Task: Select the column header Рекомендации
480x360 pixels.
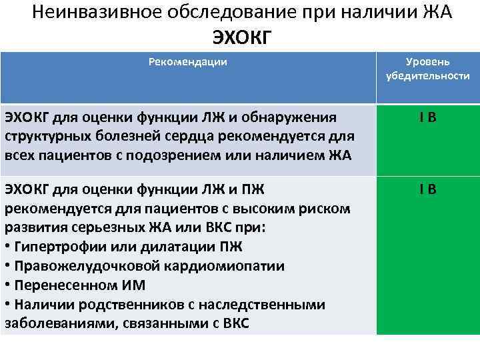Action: coord(187,62)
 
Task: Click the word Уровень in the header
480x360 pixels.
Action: coord(428,62)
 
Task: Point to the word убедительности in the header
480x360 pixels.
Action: coord(428,76)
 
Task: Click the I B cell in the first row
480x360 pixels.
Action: coord(427,119)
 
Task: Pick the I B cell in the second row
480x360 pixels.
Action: coord(427,190)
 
